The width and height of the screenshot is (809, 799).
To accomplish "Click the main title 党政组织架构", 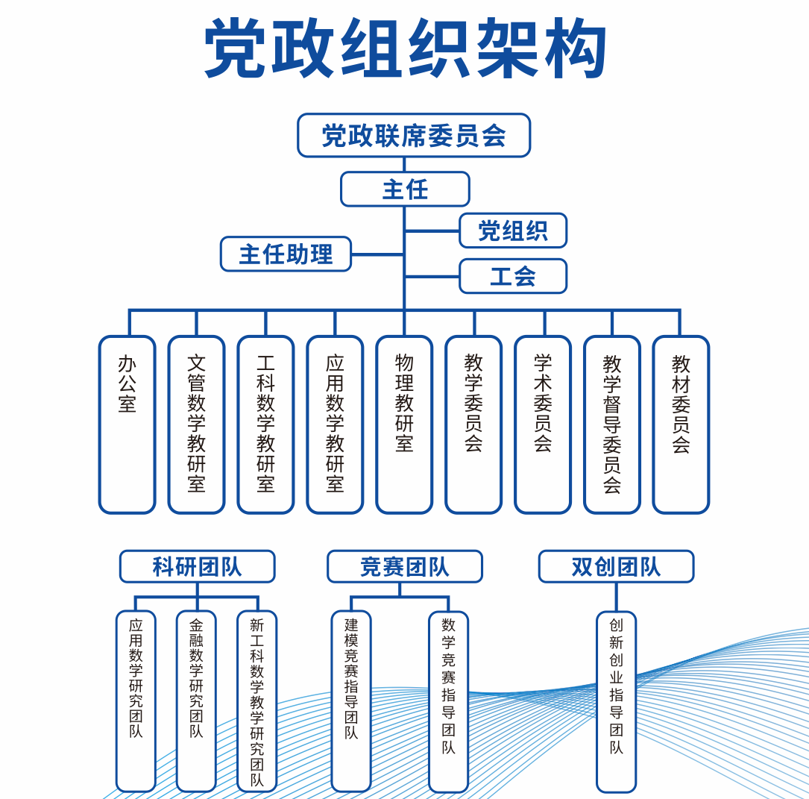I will point(406,49).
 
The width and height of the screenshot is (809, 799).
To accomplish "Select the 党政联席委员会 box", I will point(414,135).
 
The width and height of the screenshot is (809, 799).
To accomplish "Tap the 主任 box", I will point(405,189).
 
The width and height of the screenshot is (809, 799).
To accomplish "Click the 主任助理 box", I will point(286,254).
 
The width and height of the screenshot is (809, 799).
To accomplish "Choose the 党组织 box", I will point(513,231).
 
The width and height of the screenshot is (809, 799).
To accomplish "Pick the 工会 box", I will point(513,276).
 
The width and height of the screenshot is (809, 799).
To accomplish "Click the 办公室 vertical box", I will point(127,424).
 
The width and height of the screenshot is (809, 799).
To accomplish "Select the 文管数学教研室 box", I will point(196,424).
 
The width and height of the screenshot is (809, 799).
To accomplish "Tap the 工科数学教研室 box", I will point(265,424).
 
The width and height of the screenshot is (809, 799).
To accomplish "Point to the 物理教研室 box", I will point(404,424).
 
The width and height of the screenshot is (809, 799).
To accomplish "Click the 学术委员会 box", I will point(543,424).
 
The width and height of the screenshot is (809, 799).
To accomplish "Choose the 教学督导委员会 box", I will point(612,424).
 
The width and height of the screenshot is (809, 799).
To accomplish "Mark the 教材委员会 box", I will point(681,424).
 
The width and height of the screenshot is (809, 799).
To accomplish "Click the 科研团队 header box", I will point(197,566).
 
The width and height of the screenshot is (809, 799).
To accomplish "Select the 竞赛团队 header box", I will point(404,566).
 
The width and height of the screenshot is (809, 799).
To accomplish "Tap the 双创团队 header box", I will point(616,566).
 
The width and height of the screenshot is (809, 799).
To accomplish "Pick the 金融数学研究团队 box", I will point(196,701).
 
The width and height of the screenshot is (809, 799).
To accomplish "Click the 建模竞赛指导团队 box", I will point(351,701).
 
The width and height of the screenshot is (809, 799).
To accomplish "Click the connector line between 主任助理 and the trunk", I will point(377,254).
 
